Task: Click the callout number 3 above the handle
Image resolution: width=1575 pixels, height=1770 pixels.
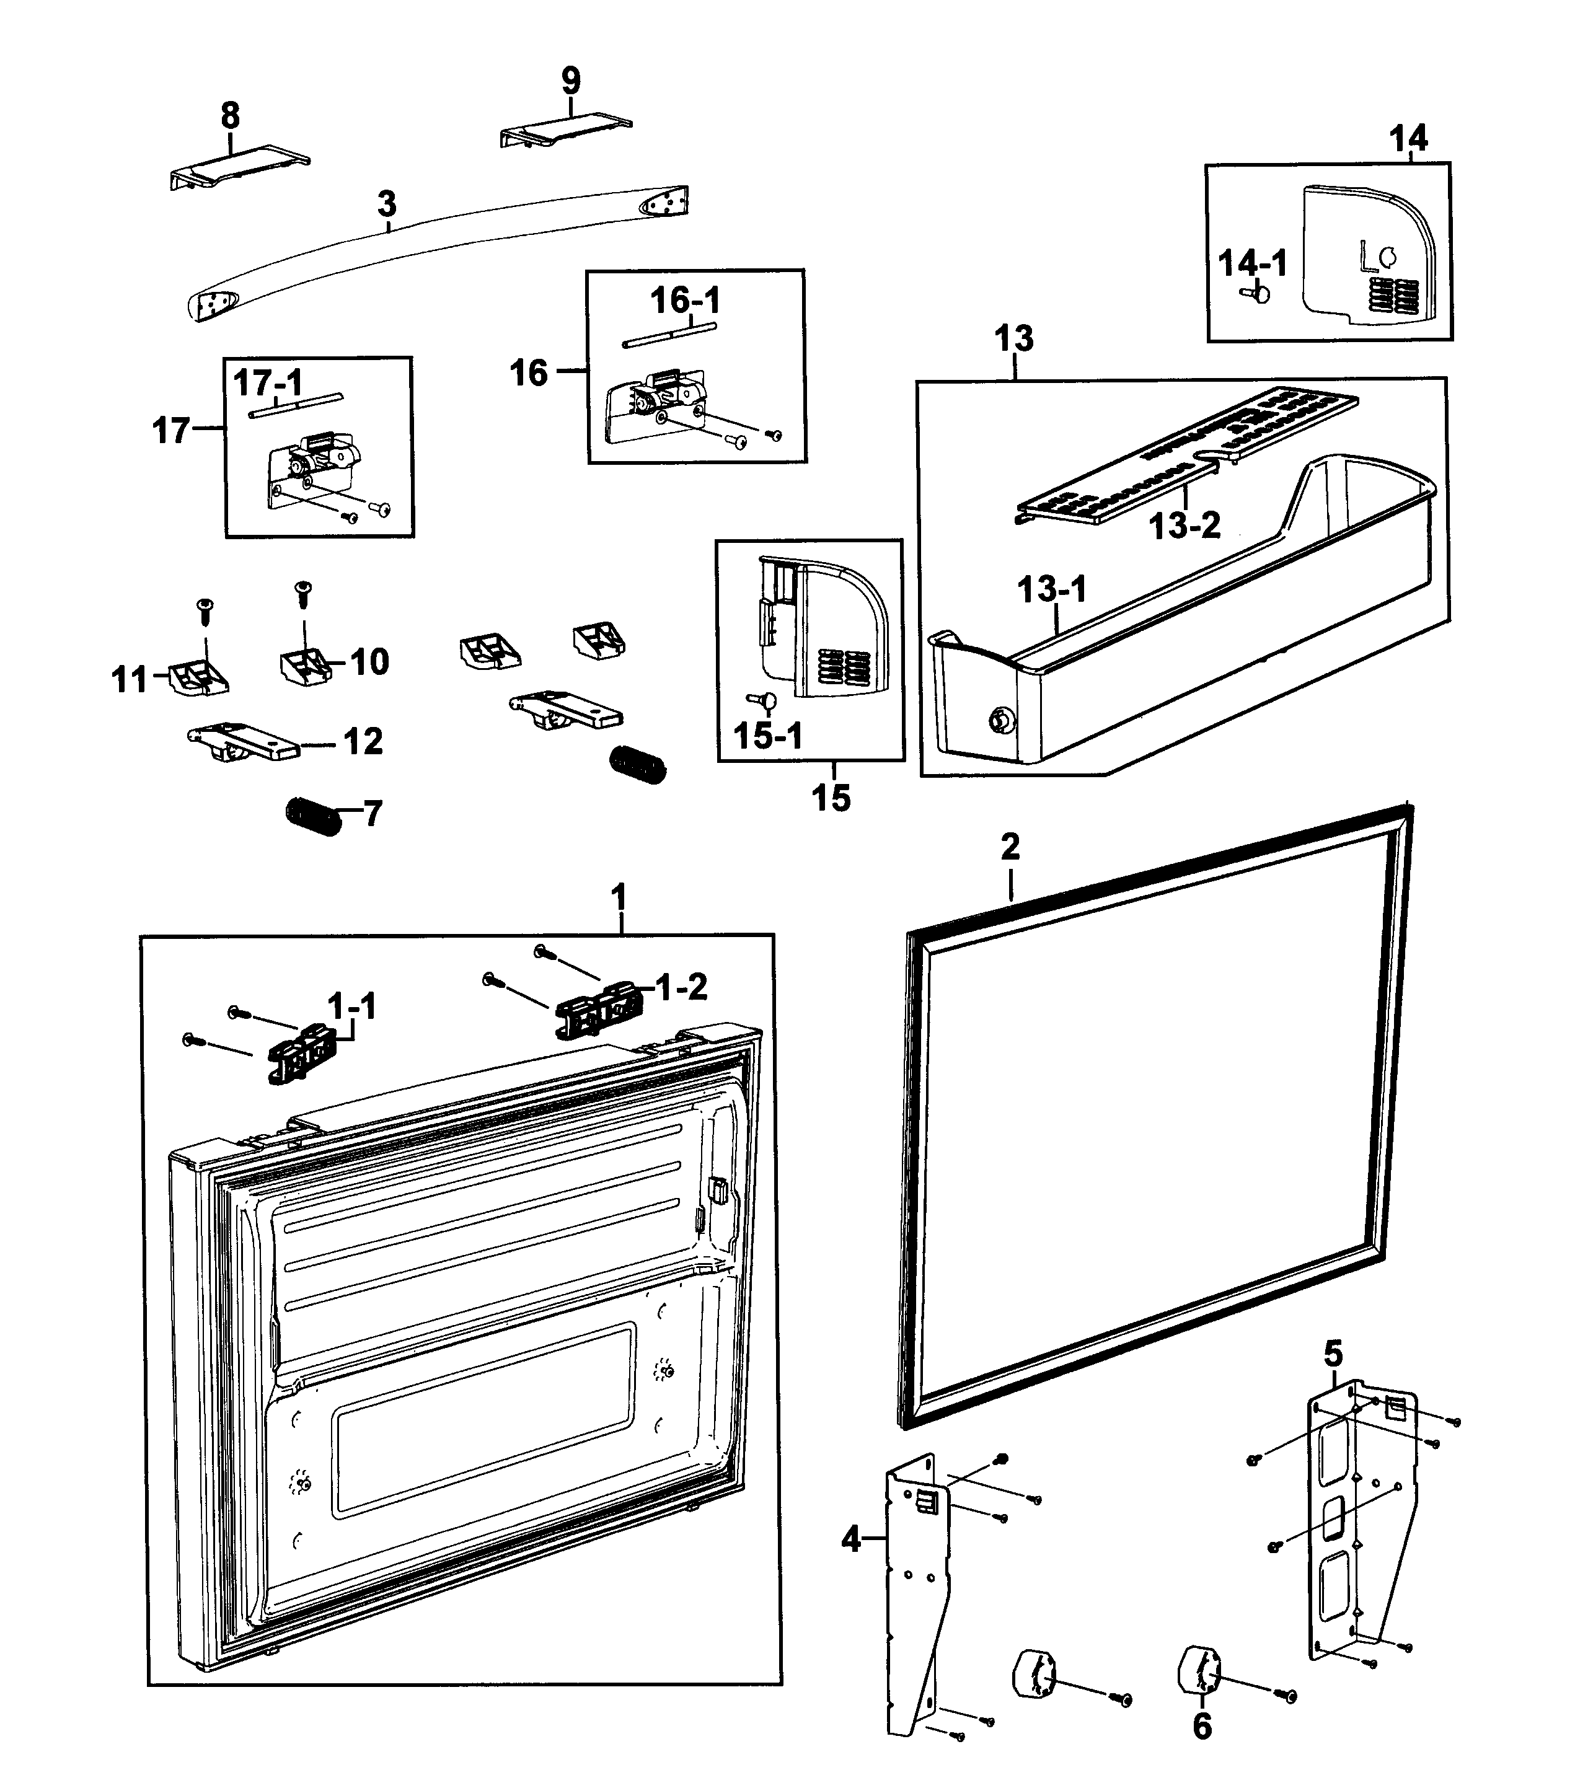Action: [x=386, y=205]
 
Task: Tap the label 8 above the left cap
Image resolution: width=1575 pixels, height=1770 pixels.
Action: [x=231, y=115]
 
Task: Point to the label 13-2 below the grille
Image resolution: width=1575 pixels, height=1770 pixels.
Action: [x=1184, y=525]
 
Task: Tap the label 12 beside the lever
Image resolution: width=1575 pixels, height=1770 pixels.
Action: [x=363, y=741]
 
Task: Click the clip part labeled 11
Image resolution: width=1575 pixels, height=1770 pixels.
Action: [x=199, y=677]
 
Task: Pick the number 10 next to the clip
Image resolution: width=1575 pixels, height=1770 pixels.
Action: [x=369, y=663]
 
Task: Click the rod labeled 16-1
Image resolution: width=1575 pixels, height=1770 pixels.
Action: [x=669, y=336]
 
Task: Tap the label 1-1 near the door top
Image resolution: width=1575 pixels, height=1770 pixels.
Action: [x=351, y=1006]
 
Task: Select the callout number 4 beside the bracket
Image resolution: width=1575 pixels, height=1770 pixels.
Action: [x=851, y=1539]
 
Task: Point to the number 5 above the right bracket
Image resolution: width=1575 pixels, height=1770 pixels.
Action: [x=1333, y=1353]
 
